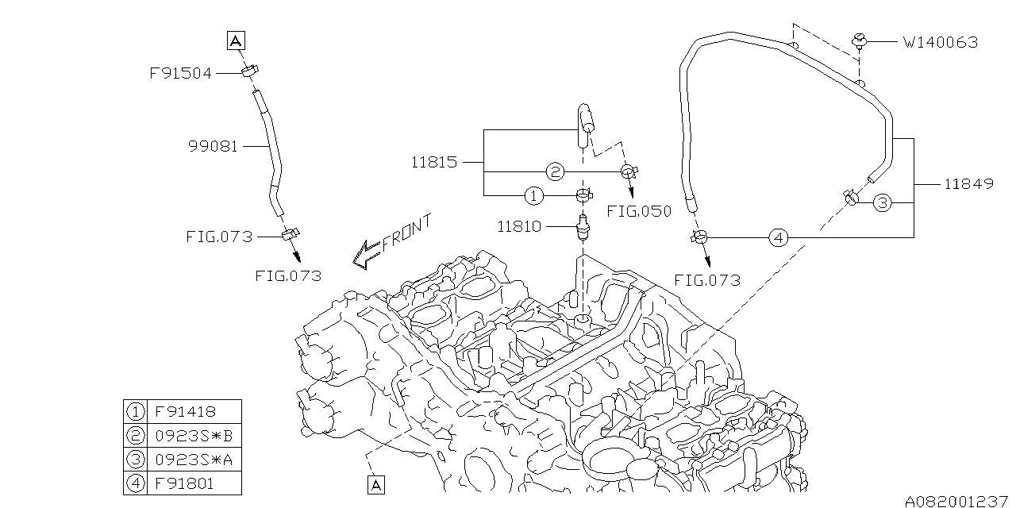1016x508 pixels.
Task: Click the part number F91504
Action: pyautogui.click(x=180, y=73)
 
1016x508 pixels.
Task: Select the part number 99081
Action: pyautogui.click(x=213, y=146)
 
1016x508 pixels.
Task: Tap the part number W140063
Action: pyautogui.click(x=940, y=42)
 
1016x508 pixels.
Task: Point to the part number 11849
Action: pyautogui.click(x=968, y=183)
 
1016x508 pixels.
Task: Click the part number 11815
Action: pyautogui.click(x=434, y=162)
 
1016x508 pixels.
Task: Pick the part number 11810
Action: pyautogui.click(x=519, y=226)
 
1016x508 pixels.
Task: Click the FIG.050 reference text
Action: pyautogui.click(x=639, y=211)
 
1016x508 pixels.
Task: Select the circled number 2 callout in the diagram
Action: pyautogui.click(x=555, y=171)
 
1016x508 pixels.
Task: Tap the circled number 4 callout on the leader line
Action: pyautogui.click(x=779, y=237)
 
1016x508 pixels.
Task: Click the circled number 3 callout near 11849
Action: pyautogui.click(x=883, y=203)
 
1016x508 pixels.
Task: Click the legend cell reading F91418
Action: pyautogui.click(x=184, y=412)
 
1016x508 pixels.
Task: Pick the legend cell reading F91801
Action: pyautogui.click(x=184, y=482)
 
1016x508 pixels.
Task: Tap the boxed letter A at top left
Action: pyautogui.click(x=236, y=40)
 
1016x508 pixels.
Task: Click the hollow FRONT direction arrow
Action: pyautogui.click(x=367, y=253)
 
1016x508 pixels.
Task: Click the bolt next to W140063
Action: pyautogui.click(x=859, y=40)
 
